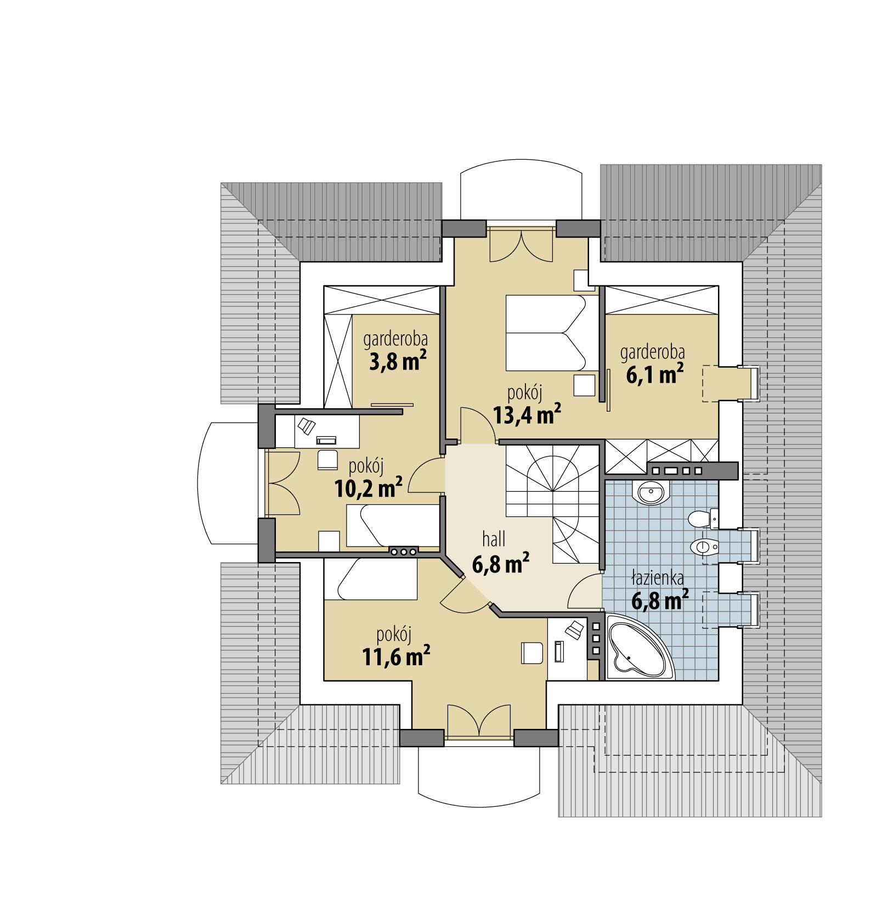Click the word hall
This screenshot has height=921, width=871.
pyautogui.click(x=494, y=540)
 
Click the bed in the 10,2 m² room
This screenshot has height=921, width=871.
pyautogui.click(x=392, y=526)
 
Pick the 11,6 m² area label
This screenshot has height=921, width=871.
pyautogui.click(x=395, y=656)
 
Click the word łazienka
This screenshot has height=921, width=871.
pyautogui.click(x=657, y=579)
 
